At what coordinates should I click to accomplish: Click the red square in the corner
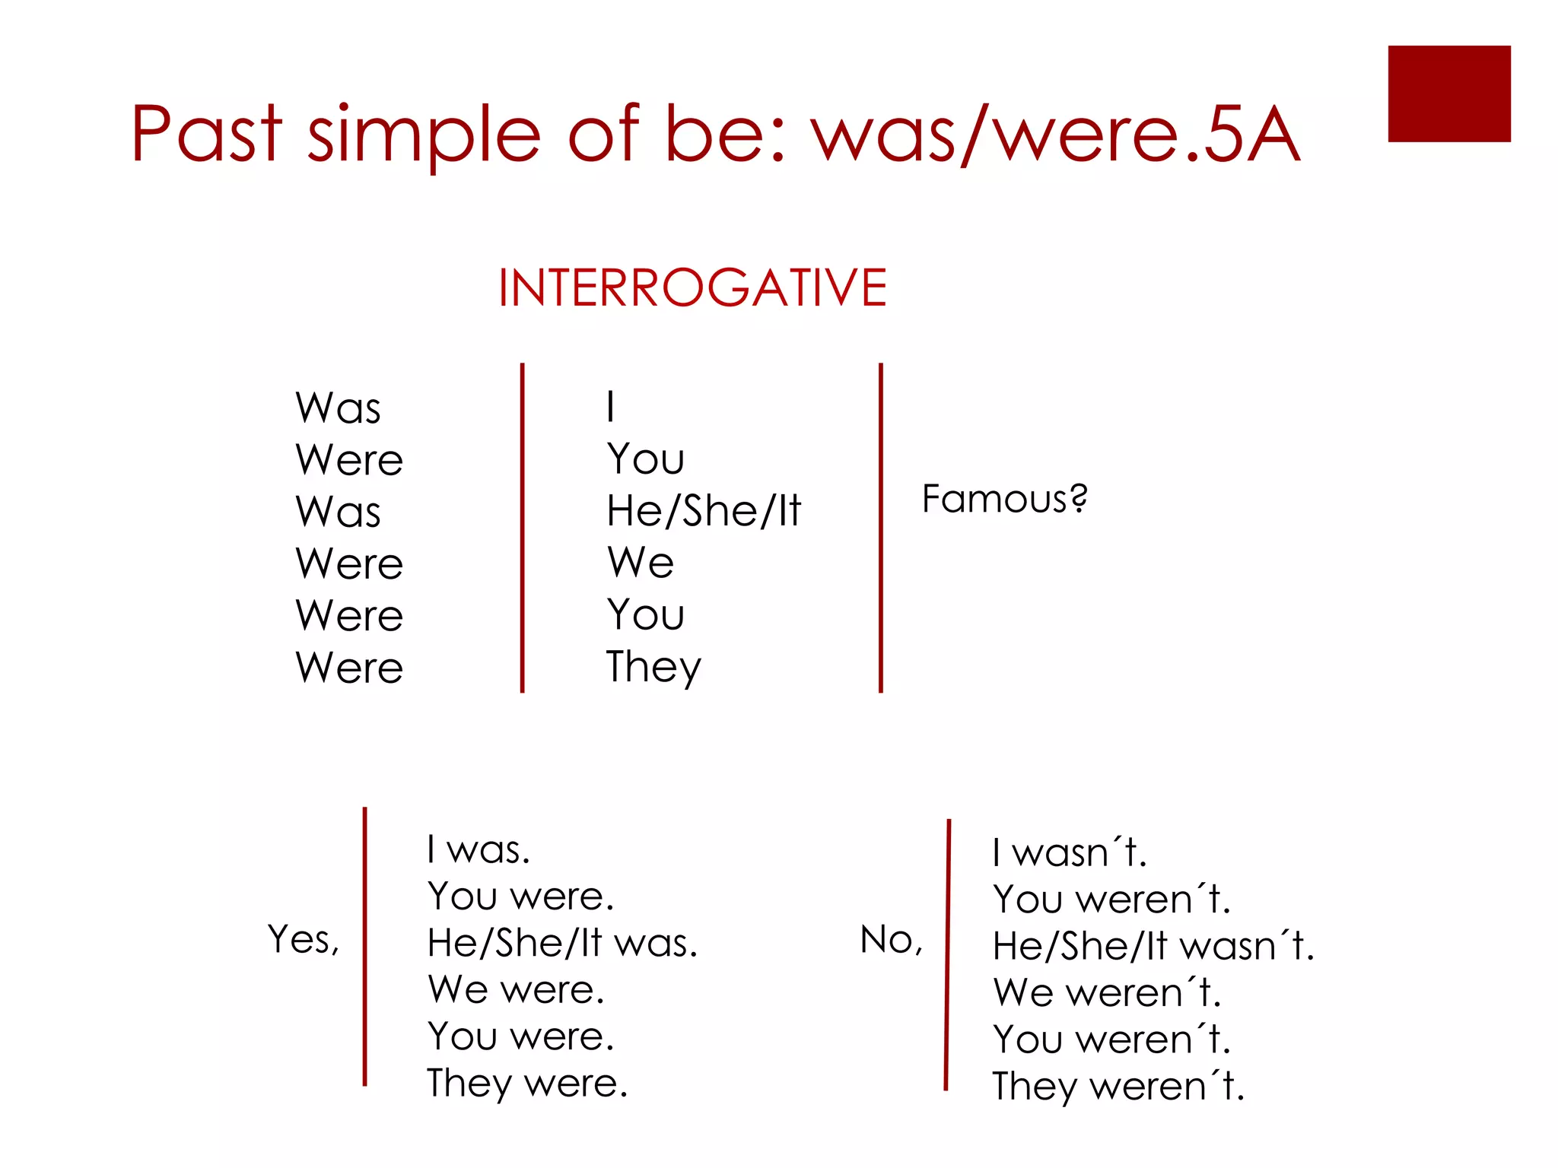coord(1448,94)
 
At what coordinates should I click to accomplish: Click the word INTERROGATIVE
coord(692,288)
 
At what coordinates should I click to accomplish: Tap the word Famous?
coord(1004,500)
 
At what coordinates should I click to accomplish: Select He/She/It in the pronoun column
coord(704,511)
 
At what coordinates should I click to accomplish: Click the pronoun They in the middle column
coord(653,668)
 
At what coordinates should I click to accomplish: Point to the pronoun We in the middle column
coord(641,563)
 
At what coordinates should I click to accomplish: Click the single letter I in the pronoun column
coord(610,407)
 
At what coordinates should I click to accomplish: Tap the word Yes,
coord(303,940)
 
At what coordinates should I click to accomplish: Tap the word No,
coord(891,941)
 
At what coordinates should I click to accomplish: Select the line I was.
coord(478,850)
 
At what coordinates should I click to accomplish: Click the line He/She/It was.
coord(561,944)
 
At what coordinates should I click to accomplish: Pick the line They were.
coord(526,1084)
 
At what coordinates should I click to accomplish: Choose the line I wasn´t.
coord(1069,853)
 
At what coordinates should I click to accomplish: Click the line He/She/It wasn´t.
coord(1153,947)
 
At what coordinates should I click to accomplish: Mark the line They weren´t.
coord(1118,1087)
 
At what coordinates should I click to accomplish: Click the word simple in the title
coord(424,135)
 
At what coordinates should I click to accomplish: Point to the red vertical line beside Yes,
coord(365,947)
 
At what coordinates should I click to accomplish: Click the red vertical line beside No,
coord(948,955)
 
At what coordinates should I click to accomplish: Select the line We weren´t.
coord(1106,994)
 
